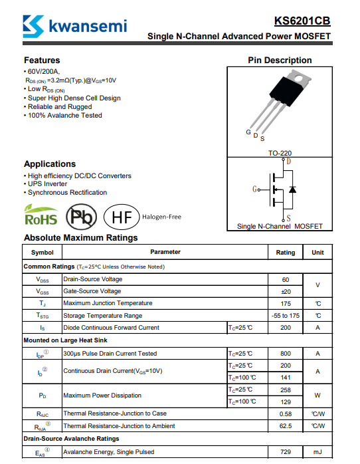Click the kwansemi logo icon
(33, 27)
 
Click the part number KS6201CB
(302, 21)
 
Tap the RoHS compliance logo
(41, 215)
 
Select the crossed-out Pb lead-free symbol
(81, 217)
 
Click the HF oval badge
(122, 217)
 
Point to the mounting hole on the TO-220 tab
(298, 78)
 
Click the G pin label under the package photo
(248, 132)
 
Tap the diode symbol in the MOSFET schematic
(292, 189)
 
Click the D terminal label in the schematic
(289, 162)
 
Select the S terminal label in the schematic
(288, 218)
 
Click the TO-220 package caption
(280, 153)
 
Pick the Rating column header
(285, 253)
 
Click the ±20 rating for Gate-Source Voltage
(286, 292)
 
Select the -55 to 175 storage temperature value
(285, 316)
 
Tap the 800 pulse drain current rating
(286, 354)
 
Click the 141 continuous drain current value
(286, 378)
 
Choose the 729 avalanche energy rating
(286, 452)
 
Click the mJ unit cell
(317, 452)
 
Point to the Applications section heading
(50, 164)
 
